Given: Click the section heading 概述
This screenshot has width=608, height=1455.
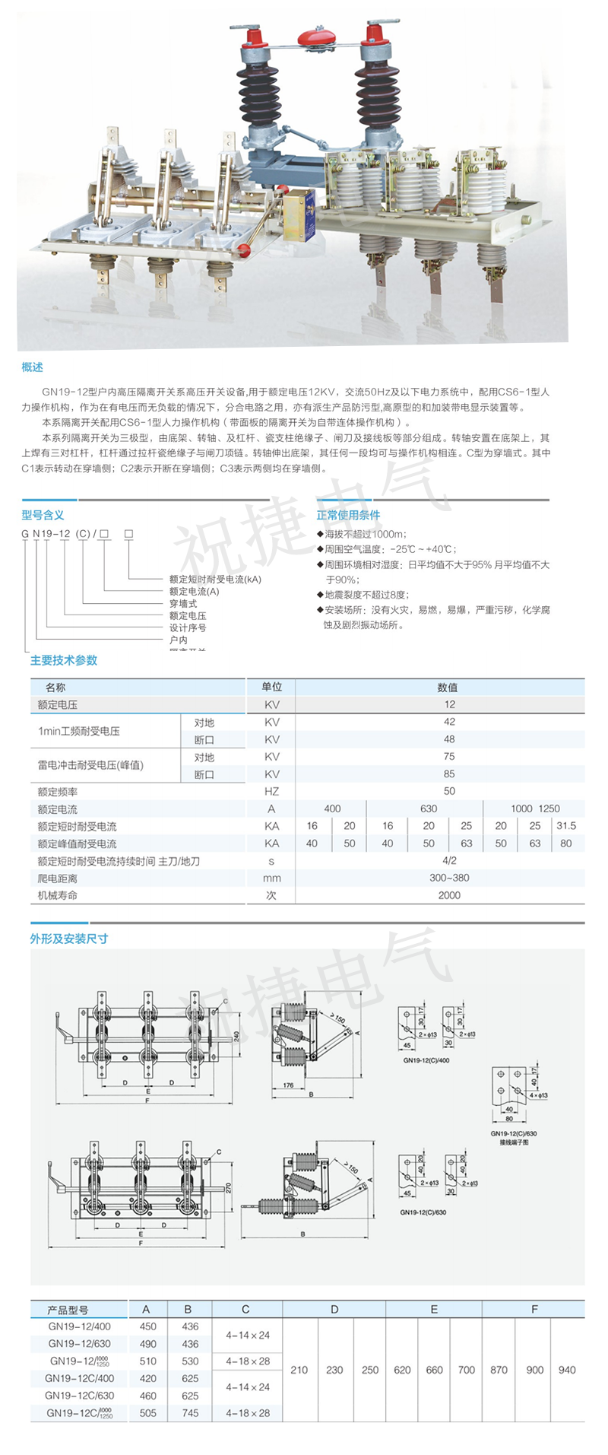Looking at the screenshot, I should (32, 367).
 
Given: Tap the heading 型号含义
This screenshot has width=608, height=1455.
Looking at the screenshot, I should (43, 515).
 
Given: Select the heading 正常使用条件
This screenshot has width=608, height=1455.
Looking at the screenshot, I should (348, 515).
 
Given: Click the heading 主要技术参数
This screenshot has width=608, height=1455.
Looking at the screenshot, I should (64, 660).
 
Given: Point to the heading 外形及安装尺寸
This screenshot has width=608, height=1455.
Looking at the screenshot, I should (68, 939).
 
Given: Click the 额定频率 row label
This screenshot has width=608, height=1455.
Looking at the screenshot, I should (58, 792).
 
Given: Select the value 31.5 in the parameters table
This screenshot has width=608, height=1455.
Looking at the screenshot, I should (566, 826).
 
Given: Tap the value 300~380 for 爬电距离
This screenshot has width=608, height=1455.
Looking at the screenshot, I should (449, 878).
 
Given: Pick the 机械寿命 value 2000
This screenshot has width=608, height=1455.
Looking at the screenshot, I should (449, 895).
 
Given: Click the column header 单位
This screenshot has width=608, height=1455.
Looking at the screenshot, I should (271, 687).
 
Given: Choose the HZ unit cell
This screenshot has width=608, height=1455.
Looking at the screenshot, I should (271, 792).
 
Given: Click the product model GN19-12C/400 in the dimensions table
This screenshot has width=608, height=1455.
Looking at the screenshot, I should (80, 1378).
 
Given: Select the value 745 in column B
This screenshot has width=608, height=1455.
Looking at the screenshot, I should (190, 1413).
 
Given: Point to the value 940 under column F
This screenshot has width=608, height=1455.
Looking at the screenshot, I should (567, 1370).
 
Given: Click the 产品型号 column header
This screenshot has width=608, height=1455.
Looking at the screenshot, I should (68, 1310).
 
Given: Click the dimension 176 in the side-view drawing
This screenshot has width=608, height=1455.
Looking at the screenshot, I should (288, 1085).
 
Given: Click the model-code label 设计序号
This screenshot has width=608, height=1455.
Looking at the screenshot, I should (188, 628).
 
